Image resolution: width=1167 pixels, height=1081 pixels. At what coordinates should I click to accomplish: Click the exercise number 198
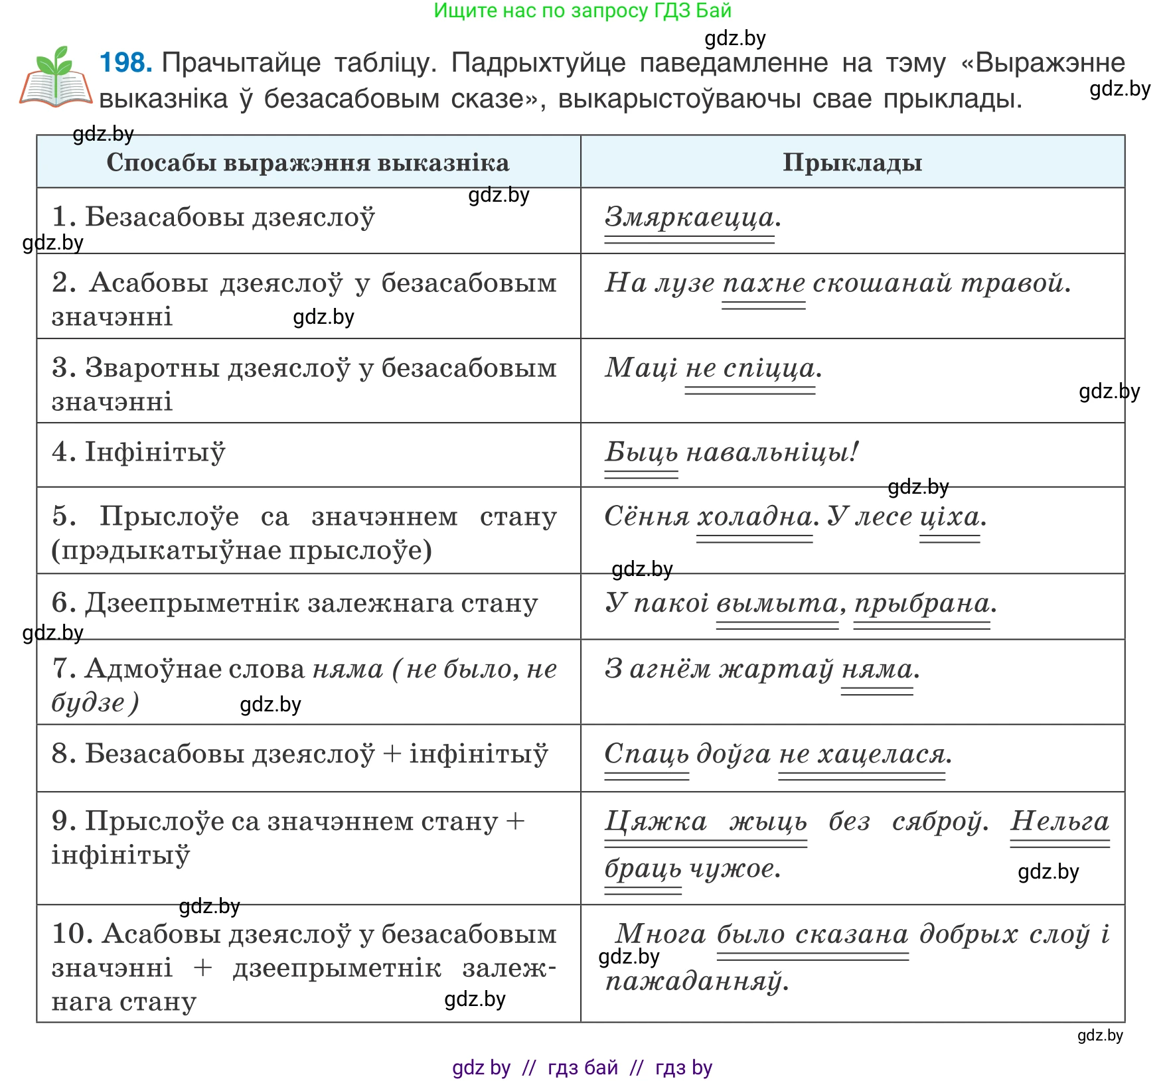[125, 63]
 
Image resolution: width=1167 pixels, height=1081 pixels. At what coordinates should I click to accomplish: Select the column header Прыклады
[852, 163]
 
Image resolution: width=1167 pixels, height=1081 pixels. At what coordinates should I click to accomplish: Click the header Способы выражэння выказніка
[308, 163]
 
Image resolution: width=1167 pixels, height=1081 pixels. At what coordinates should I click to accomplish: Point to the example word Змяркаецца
[690, 218]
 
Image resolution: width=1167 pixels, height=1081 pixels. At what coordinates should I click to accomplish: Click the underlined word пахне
[763, 283]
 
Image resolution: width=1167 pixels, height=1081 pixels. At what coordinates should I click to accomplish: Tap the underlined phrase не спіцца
[750, 368]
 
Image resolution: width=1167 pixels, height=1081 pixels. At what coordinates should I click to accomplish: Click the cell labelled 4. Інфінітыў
[139, 453]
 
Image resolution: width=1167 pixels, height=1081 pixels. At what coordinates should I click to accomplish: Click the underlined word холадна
[754, 517]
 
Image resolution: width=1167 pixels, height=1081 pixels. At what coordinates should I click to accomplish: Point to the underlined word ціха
[949, 517]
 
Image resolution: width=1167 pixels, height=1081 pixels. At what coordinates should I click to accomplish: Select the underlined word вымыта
[777, 603]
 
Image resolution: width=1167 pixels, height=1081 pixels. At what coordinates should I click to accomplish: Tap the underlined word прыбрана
[921, 603]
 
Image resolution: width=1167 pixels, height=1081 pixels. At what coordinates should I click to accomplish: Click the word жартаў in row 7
[776, 669]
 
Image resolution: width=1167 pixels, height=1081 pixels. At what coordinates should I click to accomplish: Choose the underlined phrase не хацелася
[862, 754]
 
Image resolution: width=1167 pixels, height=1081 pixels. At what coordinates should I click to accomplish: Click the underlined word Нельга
[1059, 822]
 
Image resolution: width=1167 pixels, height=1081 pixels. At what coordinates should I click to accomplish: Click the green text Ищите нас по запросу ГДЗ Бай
[582, 11]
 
